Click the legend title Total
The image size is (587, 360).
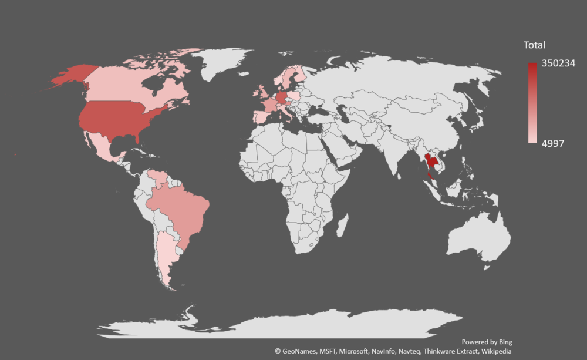coord(534,45)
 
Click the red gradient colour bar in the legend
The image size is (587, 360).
coord(532,103)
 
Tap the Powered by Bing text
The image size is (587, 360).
coord(487,342)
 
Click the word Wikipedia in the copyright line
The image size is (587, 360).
coord(496,351)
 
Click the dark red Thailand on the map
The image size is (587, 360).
coord(430,160)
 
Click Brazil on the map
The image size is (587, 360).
coord(182,206)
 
